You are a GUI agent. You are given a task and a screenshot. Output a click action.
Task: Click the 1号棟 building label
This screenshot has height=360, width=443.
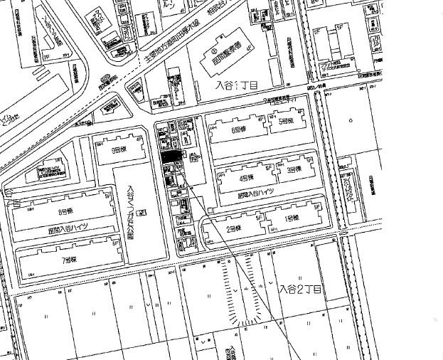tap(292, 218)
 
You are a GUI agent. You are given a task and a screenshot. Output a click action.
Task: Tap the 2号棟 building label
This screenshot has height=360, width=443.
tap(234, 229)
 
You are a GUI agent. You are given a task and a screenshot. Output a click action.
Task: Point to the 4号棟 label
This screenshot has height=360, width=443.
tap(247, 178)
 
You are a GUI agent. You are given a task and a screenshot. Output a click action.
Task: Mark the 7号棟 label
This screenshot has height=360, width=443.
tap(68, 260)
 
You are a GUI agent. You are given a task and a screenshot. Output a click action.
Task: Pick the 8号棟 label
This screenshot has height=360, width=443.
tap(65, 211)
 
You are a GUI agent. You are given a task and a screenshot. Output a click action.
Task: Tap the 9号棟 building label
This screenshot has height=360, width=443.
tap(118, 150)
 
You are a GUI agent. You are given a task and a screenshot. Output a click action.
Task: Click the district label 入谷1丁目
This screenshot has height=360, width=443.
tap(237, 85)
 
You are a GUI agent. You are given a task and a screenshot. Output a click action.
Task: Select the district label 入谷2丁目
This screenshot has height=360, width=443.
tap(300, 290)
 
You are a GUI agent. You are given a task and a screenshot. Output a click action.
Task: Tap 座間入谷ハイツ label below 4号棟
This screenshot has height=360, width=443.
tap(255, 193)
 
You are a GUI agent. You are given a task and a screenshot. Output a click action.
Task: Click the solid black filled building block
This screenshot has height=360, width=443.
tap(169, 157)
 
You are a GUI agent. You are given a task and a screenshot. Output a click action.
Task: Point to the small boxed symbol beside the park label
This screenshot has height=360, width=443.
tap(142, 212)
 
